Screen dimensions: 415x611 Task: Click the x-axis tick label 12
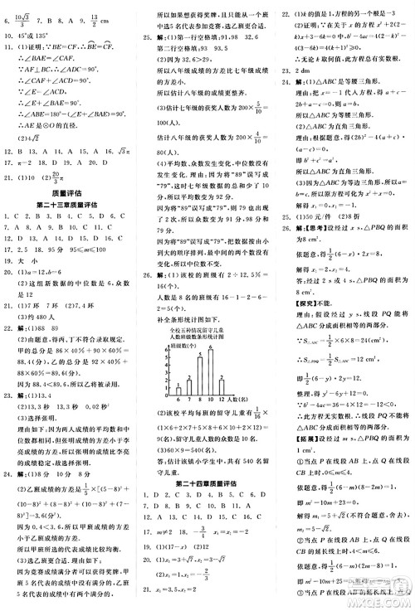[222, 400]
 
